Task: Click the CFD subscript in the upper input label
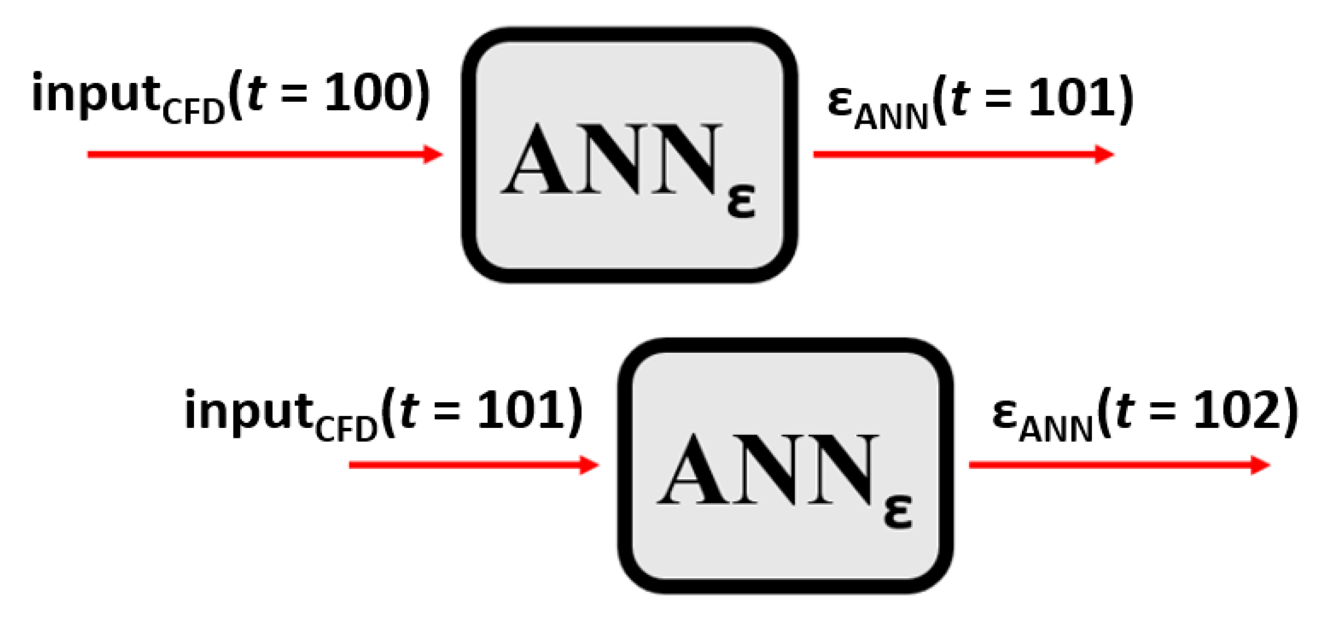pos(193,113)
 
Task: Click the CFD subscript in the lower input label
pos(346,431)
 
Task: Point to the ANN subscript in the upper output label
pos(891,118)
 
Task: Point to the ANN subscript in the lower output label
pos(1056,431)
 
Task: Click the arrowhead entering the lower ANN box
pos(589,465)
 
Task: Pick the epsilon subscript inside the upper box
pos(741,202)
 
